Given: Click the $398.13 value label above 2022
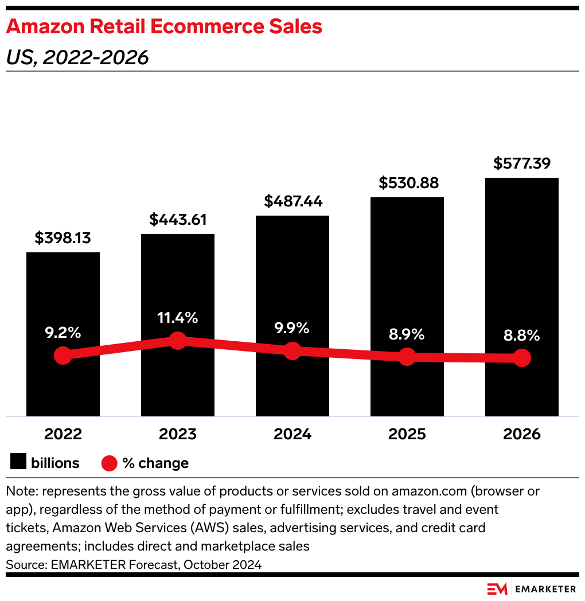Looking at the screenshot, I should [x=63, y=238].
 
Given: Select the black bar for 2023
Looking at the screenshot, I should [x=178, y=275].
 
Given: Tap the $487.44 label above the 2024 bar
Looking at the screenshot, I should [x=292, y=201].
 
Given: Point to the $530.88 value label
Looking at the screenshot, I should [x=407, y=183].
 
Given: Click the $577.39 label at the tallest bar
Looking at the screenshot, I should [x=522, y=163].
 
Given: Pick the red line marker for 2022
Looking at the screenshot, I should [x=63, y=356].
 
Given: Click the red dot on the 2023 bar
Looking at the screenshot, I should [x=178, y=341].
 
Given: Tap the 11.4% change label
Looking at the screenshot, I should [x=178, y=317].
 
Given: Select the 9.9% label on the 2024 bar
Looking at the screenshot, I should [x=292, y=328].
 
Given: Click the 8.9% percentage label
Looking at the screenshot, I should [x=407, y=334].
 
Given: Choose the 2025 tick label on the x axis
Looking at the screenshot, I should [x=407, y=434].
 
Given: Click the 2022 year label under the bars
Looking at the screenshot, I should [x=63, y=434].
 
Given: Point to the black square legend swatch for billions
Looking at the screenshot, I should [x=18, y=462].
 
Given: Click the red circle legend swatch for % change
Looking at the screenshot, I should [x=110, y=463].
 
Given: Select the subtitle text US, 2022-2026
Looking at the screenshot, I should [x=77, y=57].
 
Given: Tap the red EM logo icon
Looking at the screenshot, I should [x=498, y=589].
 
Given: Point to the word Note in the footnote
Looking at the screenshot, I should [x=19, y=491].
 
